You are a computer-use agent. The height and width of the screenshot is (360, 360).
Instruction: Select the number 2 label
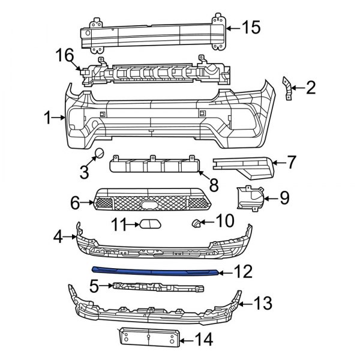tap(310, 89)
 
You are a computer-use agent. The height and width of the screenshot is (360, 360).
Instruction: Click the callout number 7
tap(291, 161)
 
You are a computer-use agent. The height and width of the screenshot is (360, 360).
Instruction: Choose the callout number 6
tap(76, 203)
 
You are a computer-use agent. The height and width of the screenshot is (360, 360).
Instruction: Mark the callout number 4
tap(58, 238)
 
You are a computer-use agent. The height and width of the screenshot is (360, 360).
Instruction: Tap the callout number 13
tap(263, 302)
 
